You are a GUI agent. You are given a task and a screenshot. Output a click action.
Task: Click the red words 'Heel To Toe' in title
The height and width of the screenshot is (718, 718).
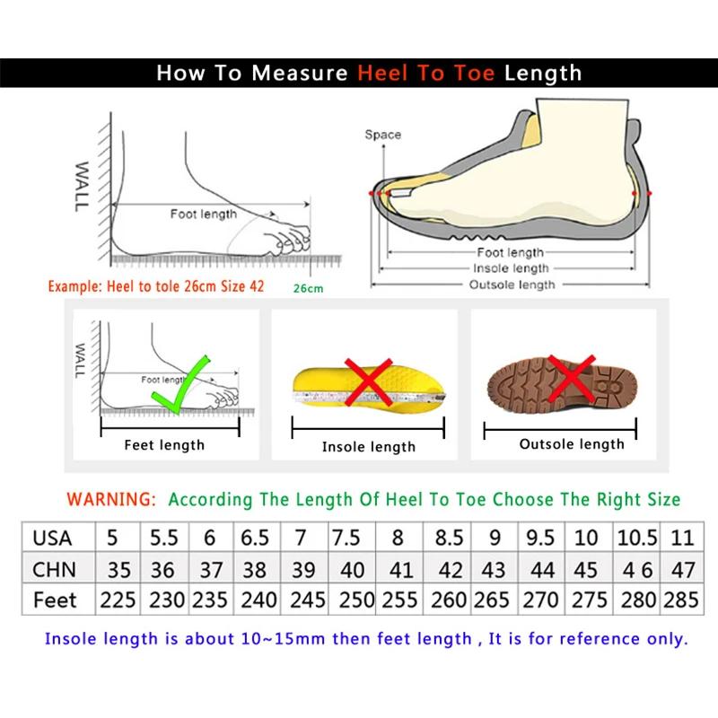426,74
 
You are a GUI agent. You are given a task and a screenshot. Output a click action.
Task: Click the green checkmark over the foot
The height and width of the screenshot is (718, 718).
180,384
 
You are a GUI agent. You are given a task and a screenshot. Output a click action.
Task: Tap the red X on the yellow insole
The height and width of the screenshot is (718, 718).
368,383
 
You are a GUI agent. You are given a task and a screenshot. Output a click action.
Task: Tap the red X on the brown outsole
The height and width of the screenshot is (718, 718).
571,378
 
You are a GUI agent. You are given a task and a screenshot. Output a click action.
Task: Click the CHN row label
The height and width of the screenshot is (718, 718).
54,569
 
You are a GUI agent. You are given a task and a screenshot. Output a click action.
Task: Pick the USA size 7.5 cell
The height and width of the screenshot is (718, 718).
346,538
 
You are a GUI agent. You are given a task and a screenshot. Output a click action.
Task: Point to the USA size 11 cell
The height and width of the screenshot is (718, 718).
682,538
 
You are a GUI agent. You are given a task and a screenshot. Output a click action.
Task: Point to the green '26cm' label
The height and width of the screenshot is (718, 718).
307,288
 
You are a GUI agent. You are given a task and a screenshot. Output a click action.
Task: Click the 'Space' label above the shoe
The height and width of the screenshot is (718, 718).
382,135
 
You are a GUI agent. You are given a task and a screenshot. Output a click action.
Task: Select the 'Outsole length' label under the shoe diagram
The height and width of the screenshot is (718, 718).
512,285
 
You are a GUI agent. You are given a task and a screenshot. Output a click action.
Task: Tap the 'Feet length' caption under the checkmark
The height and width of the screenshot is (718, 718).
164,445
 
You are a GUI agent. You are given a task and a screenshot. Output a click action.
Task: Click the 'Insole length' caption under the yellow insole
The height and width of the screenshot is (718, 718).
368,447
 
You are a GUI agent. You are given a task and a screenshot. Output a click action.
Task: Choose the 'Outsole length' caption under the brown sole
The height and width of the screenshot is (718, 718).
571,444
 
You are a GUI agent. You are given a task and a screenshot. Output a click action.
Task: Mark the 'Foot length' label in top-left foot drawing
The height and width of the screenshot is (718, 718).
204,214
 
